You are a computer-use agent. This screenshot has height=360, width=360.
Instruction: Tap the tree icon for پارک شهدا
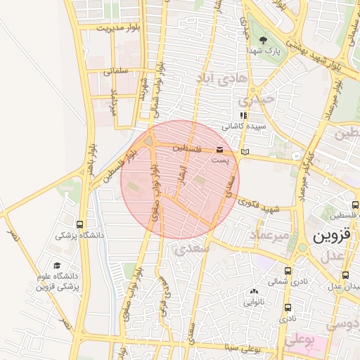tap(263, 40)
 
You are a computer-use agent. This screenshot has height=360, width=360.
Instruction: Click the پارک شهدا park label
tap(263, 51)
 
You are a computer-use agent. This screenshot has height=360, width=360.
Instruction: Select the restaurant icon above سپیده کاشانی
tap(243, 116)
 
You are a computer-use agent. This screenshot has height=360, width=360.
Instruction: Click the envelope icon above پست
tap(221, 150)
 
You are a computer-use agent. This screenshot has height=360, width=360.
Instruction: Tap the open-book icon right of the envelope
tap(245, 152)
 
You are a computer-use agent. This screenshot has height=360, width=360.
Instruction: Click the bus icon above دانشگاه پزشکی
tap(81, 224)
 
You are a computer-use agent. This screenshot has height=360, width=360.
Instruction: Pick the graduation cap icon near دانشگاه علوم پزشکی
tap(57, 265)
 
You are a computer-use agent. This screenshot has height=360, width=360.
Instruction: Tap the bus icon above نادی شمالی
tap(288, 271)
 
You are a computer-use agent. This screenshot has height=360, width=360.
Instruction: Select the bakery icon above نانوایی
tap(253, 291)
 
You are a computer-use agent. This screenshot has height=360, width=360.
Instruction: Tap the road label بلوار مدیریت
tap(117, 29)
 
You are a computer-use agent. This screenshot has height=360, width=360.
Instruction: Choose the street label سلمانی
tap(117, 71)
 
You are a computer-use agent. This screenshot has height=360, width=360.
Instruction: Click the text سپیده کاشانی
tap(239, 128)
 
